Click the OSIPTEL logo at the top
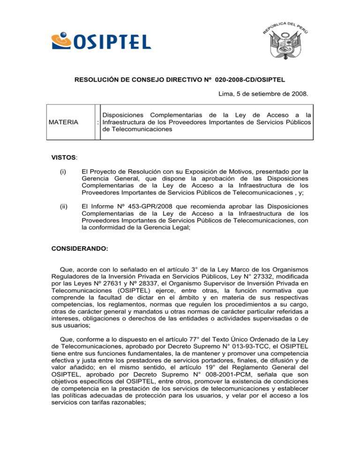pyautogui.click(x=101, y=39)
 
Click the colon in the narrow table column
pyautogui.click(x=97, y=124)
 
